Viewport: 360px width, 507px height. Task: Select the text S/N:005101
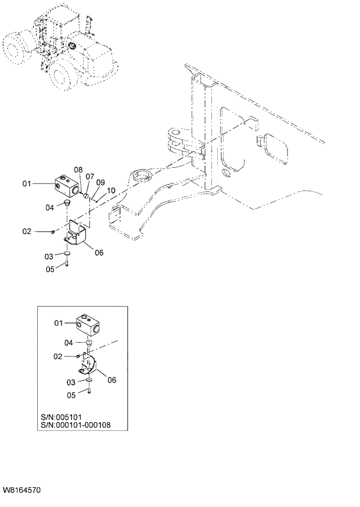(63, 416)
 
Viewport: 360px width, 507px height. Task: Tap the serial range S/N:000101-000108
(76, 425)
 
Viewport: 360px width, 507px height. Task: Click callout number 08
(78, 169)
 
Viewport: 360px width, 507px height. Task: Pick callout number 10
(111, 189)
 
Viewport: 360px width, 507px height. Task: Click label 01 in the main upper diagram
(27, 184)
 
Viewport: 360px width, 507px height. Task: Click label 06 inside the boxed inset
(112, 380)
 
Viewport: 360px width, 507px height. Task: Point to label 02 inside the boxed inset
(58, 355)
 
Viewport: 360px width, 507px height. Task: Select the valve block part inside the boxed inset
(89, 324)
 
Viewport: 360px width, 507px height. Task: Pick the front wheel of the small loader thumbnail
(66, 74)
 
